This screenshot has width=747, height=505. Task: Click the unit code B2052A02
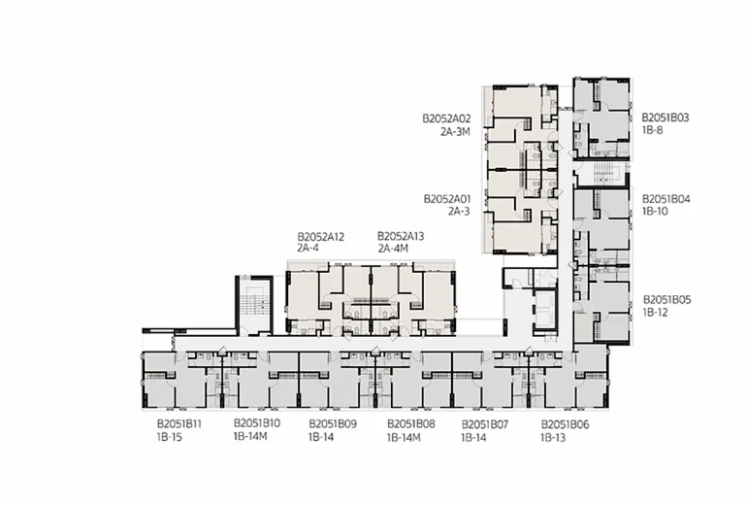coord(446,118)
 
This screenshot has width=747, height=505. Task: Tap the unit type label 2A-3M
coord(455,132)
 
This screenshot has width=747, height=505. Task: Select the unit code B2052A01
coord(447,199)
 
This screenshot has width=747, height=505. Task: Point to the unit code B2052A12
coord(320,237)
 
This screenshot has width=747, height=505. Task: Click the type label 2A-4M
coord(393,249)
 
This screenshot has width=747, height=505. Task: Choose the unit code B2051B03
coord(666,118)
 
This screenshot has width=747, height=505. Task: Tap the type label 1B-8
coord(652,130)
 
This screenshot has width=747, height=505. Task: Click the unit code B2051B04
coord(666,199)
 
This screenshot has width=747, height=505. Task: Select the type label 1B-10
coord(655,212)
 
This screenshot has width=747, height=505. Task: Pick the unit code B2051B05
coord(667,300)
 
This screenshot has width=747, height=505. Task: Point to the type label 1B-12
coord(656,313)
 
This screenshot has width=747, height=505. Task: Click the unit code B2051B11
coord(179,424)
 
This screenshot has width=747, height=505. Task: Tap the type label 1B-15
coord(170,437)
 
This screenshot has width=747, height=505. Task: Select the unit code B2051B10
coord(257,423)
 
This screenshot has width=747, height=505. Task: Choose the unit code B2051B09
coord(333,424)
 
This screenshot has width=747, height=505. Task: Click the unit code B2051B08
coord(410,424)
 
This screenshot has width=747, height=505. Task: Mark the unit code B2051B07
coord(485,424)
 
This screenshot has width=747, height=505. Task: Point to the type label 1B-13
coord(553,437)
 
